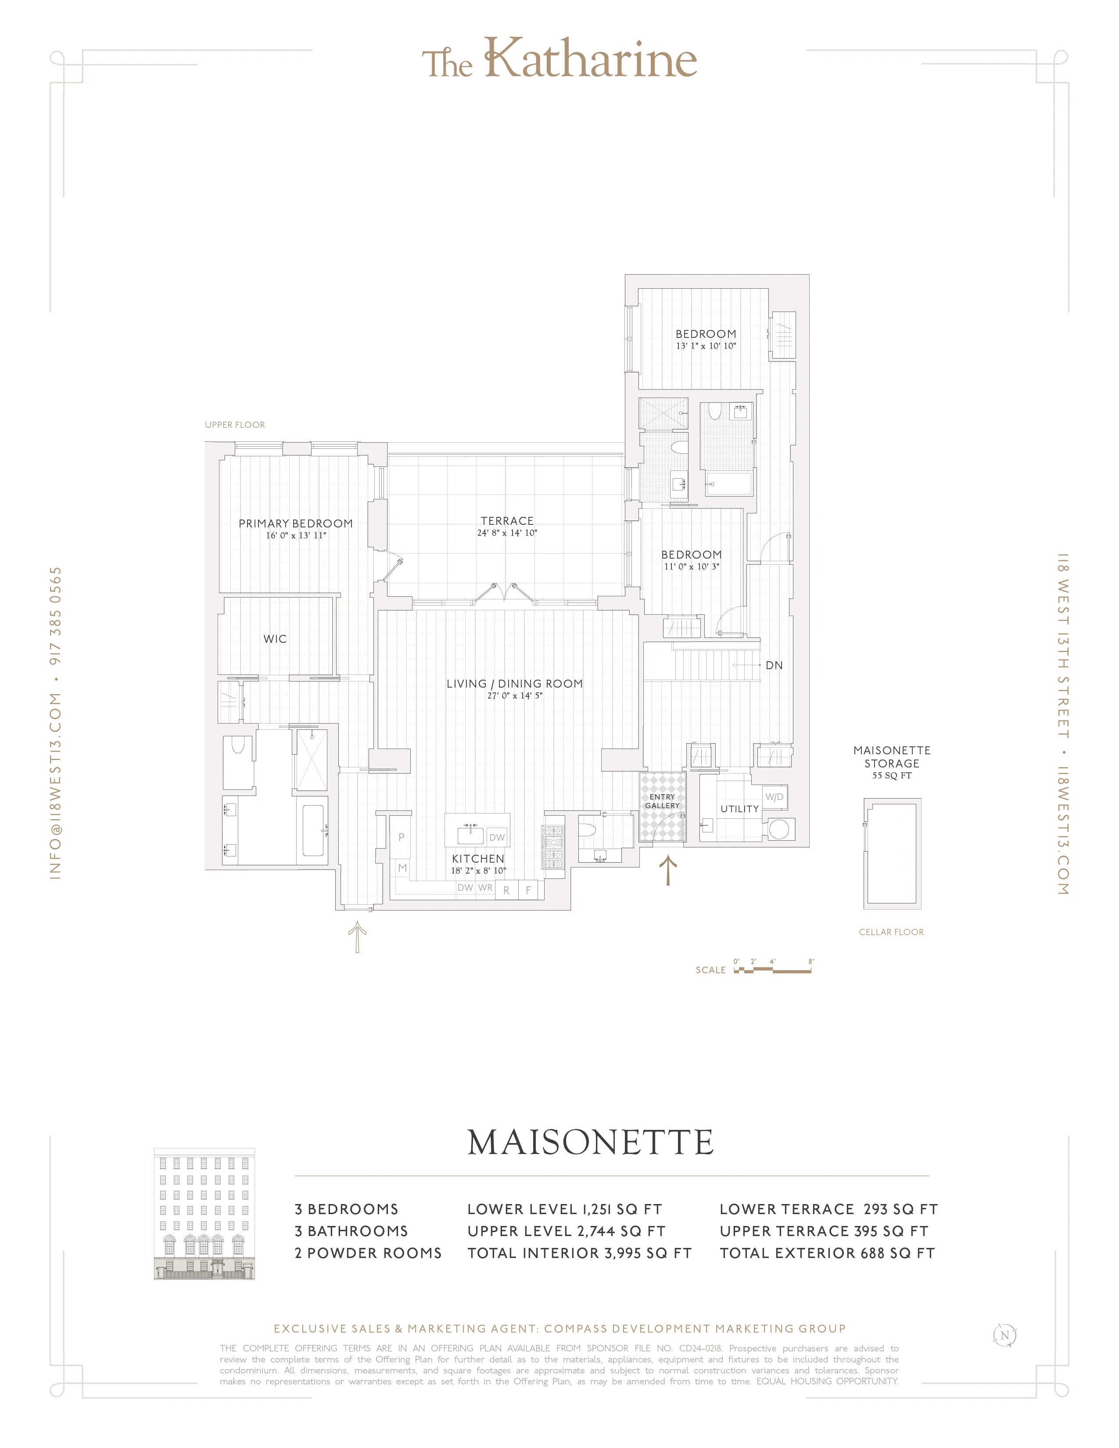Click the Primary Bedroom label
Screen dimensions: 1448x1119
[296, 524]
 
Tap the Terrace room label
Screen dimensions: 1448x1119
[507, 521]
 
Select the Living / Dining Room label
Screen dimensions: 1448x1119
[514, 684]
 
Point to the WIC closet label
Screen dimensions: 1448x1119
[275, 639]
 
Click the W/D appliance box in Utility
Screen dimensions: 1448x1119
[774, 797]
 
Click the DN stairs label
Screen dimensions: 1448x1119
[774, 665]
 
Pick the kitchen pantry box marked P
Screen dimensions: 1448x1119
[401, 837]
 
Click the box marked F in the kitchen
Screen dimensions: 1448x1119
[528, 890]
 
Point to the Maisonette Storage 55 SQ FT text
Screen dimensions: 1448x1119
[892, 763]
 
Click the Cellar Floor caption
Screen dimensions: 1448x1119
[891, 932]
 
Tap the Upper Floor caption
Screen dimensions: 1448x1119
[235, 425]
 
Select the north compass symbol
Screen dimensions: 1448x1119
[1004, 1335]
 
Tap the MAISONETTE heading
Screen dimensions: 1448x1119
[590, 1142]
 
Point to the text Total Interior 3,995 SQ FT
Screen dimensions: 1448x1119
[579, 1253]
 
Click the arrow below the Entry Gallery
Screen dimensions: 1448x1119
[667, 871]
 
